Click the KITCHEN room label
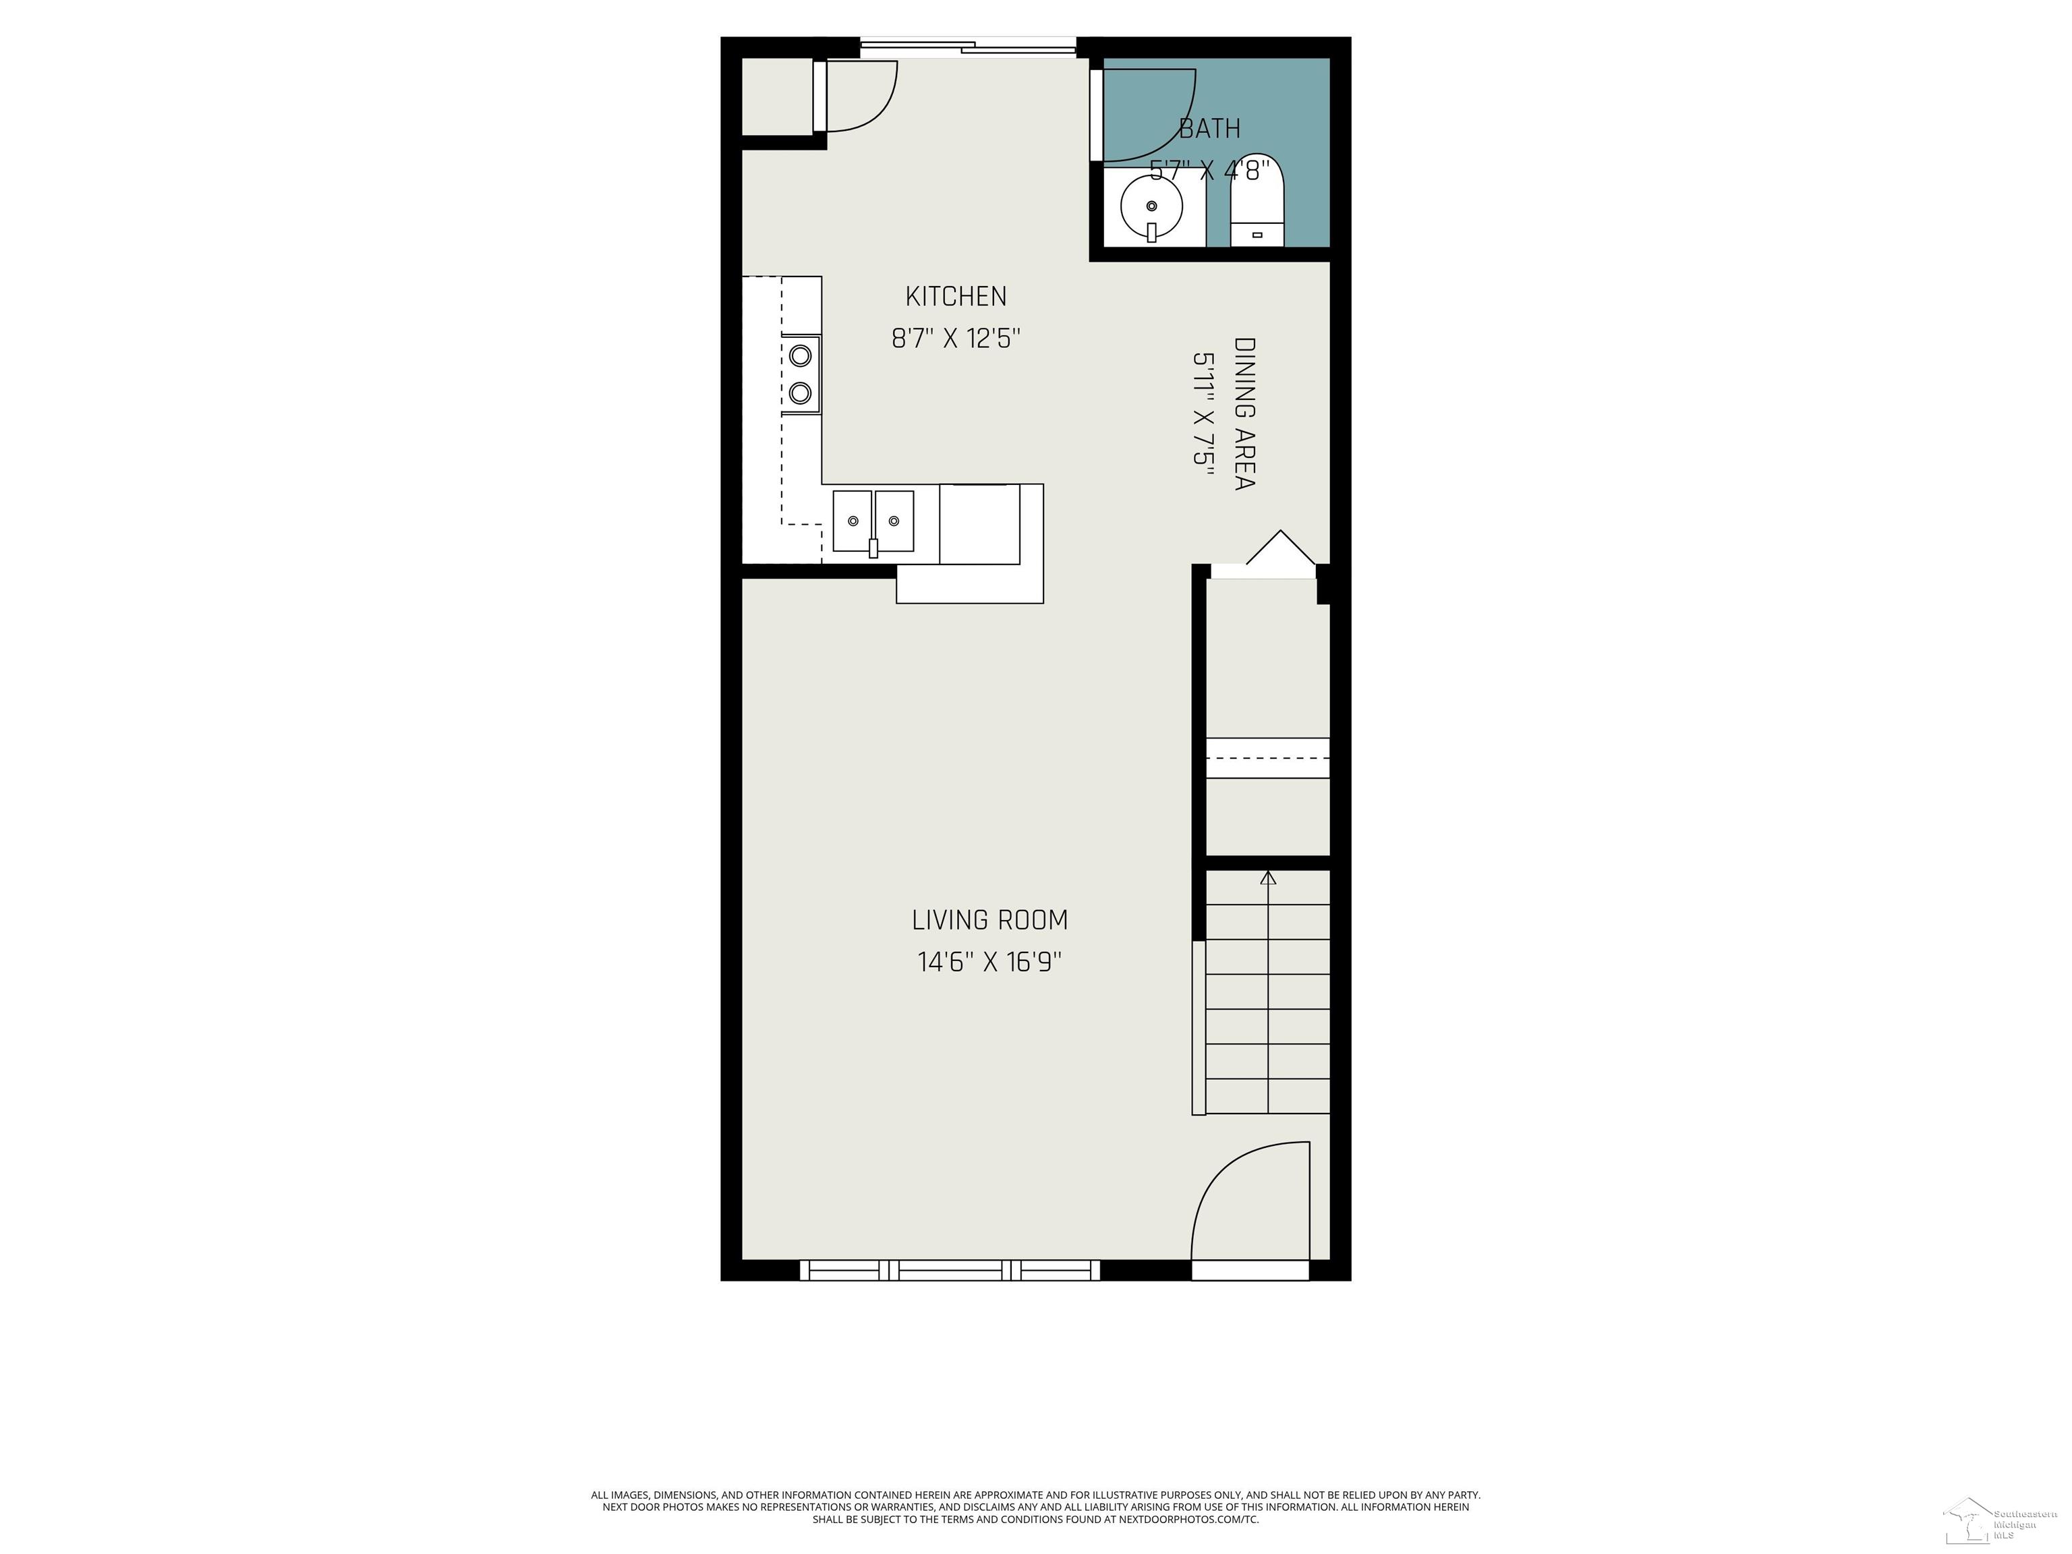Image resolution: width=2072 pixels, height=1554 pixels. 956,296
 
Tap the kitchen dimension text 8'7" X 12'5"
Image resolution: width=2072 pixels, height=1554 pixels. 956,338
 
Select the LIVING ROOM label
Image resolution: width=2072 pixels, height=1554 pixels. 989,920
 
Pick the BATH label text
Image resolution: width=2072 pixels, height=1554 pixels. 1209,128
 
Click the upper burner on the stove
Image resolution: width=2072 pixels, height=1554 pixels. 800,356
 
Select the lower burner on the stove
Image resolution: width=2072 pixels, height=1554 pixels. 800,393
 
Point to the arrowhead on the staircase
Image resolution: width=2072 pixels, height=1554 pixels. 1268,877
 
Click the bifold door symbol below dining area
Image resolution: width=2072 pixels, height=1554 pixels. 1279,548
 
